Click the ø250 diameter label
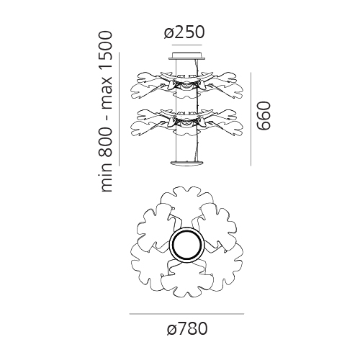[184, 32]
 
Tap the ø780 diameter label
[187, 328]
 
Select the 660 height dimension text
[264, 116]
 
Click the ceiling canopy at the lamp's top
[187, 55]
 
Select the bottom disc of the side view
[187, 163]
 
